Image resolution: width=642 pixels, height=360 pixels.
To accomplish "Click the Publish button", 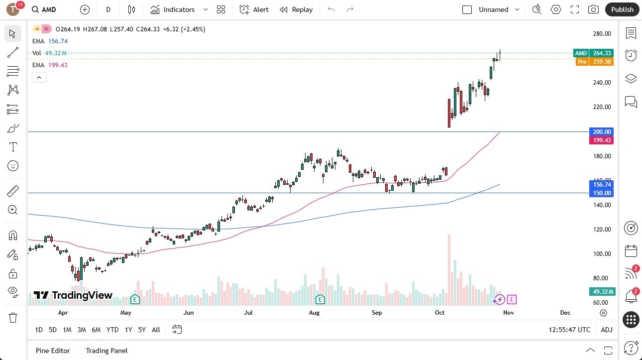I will pos(622,9).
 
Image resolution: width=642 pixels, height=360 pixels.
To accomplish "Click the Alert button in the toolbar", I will pos(254,9).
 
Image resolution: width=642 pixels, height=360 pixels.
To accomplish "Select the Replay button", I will pos(296,9).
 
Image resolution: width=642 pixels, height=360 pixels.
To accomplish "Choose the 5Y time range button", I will pos(142,330).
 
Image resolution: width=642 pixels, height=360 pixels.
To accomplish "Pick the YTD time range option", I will pos(112,330).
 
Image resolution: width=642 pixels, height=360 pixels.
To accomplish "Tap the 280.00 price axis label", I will pos(602,34).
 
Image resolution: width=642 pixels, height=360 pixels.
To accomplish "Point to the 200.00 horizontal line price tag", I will pos(602,132).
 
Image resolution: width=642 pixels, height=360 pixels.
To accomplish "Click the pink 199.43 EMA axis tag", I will pos(602,140).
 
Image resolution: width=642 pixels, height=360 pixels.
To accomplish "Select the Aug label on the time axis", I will pos(314,313).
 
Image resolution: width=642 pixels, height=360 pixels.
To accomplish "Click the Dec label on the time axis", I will pos(565,313).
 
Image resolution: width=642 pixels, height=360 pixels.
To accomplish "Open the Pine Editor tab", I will pos(53,351).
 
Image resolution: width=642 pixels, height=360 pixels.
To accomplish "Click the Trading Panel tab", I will pos(107,351).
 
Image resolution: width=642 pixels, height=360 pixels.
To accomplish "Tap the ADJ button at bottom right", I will pos(607,330).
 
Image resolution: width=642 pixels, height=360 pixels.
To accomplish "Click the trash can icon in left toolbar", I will pos(13,317).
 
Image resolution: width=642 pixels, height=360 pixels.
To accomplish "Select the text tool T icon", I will pos(13,147).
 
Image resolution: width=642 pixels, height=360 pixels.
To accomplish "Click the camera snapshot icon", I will pos(593,9).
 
